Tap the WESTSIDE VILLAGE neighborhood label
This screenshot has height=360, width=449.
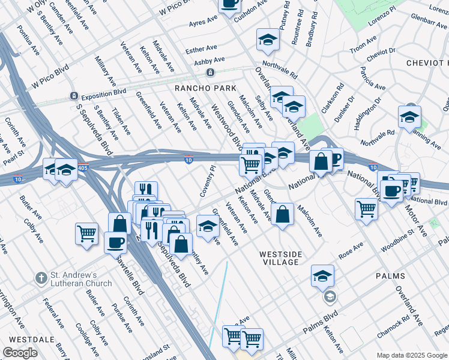[279, 258]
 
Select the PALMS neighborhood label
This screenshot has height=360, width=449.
[391, 275]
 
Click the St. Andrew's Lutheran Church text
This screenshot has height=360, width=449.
[81, 280]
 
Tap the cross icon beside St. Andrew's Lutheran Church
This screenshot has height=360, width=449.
[41, 278]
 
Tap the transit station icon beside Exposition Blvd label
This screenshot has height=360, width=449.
[73, 95]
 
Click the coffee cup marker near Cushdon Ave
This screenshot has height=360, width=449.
[229, 5]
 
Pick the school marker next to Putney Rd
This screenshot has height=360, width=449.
[268, 41]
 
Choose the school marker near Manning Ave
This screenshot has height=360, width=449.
[409, 118]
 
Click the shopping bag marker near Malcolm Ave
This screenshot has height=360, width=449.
[282, 215]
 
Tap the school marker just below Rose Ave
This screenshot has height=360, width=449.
[322, 276]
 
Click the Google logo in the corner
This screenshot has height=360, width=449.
[20, 353]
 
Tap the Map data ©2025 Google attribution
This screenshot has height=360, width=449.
[411, 355]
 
